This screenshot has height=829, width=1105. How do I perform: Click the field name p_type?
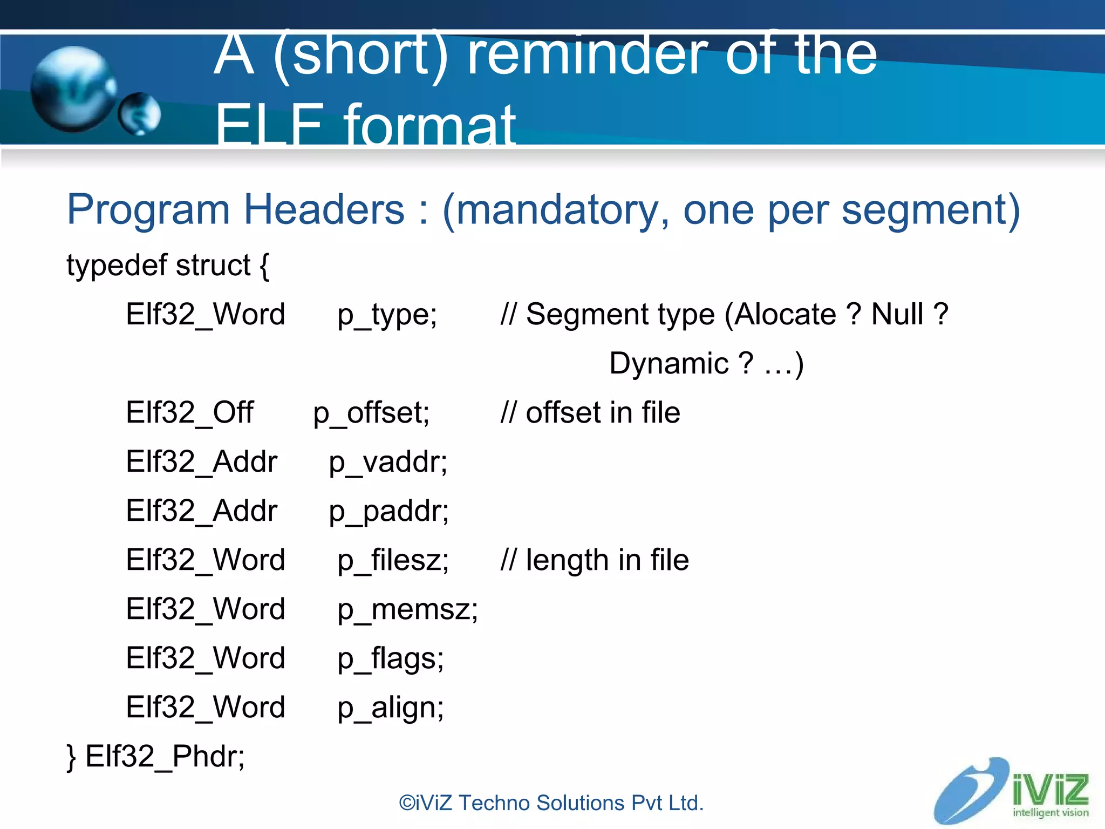[x=387, y=315]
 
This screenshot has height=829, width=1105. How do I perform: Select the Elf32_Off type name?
[x=189, y=413]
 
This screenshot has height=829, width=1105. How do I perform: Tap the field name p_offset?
[x=371, y=413]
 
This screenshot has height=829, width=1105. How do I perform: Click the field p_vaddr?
[x=388, y=463]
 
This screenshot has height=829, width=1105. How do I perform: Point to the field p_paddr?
[x=388, y=512]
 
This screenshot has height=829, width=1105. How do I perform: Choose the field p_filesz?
[x=393, y=561]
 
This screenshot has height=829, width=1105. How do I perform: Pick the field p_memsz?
[x=407, y=610]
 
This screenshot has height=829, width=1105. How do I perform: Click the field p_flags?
[x=390, y=659]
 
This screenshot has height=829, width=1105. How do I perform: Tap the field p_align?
[x=390, y=708]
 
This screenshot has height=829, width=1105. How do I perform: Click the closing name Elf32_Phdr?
[x=165, y=757]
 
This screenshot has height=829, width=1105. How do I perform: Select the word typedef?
[x=116, y=266]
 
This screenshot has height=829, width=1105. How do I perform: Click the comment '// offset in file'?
[x=590, y=413]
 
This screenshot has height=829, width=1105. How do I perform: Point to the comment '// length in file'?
[x=595, y=561]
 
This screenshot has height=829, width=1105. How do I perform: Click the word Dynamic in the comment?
[x=669, y=364]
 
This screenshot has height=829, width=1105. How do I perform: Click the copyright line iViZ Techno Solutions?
[x=551, y=803]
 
